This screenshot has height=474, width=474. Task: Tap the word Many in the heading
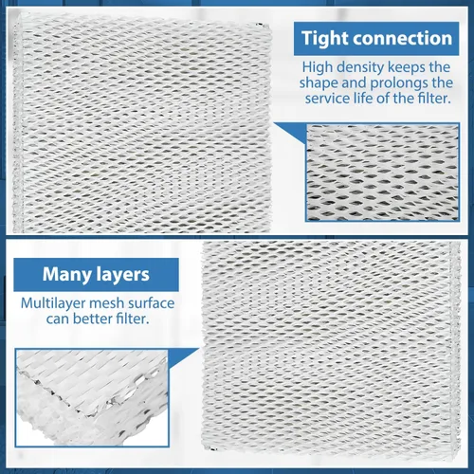click(67, 275)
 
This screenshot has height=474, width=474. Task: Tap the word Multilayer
click(53, 303)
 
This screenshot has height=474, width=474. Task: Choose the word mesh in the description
click(107, 303)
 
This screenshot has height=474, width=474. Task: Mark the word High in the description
click(318, 67)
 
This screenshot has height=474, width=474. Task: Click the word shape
click(319, 83)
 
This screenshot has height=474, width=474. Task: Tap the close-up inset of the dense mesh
click(382, 173)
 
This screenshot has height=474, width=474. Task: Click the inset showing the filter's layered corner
click(92, 398)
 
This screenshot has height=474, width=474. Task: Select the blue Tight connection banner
click(376, 39)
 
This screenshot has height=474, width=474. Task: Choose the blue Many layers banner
click(96, 275)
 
